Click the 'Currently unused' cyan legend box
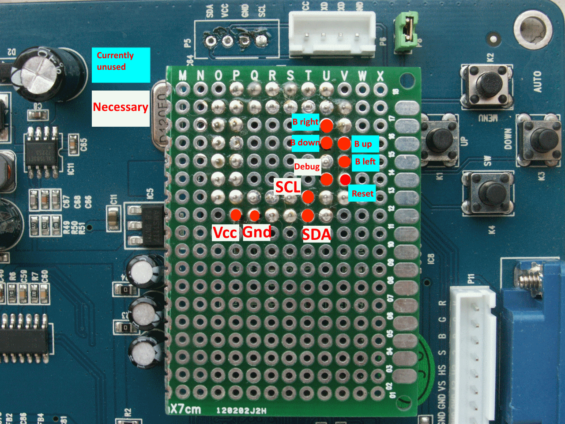[x=121, y=65]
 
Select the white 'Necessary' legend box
[x=121, y=108]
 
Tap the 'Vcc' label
[x=225, y=232]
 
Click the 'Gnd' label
[x=257, y=232]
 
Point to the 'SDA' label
[x=316, y=234]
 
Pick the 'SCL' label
[x=287, y=187]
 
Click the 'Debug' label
[x=307, y=167]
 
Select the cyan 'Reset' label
[x=362, y=193]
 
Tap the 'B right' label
[x=305, y=122]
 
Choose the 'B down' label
[x=305, y=143]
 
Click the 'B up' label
[x=365, y=144]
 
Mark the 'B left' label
[x=365, y=162]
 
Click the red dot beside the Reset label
[x=345, y=179]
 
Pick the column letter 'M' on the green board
[x=182, y=76]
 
